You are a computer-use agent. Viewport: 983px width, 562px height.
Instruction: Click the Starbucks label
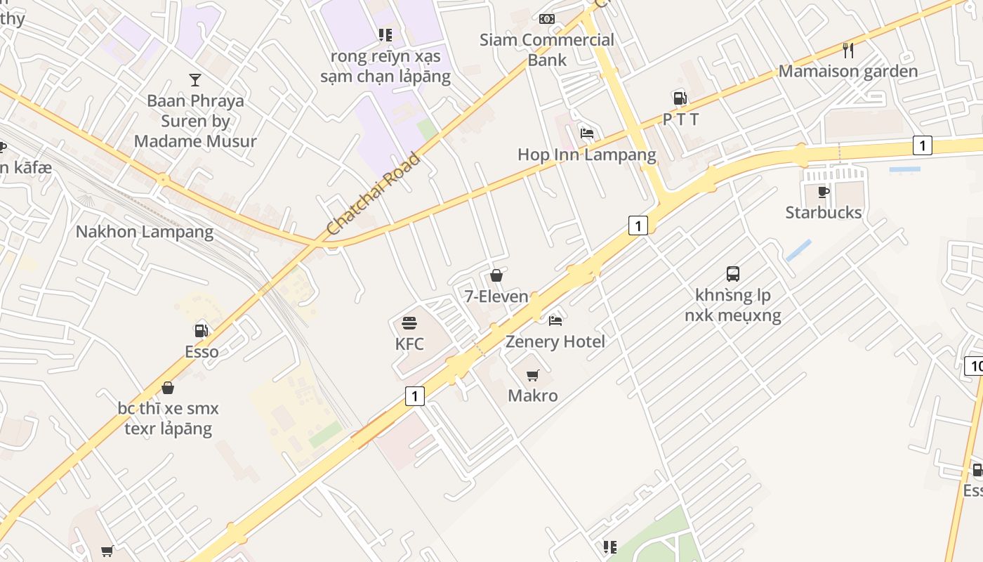[823, 212]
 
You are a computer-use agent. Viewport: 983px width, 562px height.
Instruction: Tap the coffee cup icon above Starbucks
[824, 192]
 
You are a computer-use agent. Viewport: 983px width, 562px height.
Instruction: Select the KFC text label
[409, 344]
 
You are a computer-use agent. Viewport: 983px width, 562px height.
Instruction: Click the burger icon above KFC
[409, 323]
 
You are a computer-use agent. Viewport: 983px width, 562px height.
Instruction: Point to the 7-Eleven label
[496, 296]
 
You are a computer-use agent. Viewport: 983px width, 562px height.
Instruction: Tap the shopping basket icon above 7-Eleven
[496, 275]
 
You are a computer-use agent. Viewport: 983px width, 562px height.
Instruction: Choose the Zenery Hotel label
[555, 341]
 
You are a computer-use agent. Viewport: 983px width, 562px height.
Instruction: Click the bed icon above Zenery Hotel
[555, 321]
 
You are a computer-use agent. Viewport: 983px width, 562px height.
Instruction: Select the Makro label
[533, 396]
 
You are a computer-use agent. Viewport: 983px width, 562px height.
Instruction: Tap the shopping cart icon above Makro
[533, 375]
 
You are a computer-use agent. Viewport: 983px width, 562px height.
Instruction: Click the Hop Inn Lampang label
[587, 155]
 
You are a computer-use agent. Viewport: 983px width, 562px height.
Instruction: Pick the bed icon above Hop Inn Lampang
[587, 133]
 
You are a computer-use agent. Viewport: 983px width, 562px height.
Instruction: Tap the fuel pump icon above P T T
[679, 98]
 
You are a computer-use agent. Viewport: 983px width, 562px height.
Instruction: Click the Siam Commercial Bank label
[547, 49]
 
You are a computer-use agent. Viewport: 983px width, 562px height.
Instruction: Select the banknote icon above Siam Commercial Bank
[547, 19]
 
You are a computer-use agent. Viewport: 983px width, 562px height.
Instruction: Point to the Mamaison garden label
[848, 71]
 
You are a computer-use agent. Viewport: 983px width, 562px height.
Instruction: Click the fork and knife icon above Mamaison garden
[848, 50]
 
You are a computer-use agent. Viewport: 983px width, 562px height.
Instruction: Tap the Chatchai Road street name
[373, 194]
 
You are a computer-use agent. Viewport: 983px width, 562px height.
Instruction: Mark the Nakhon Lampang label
[145, 231]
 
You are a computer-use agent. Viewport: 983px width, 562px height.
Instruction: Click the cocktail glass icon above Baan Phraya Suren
[195, 80]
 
